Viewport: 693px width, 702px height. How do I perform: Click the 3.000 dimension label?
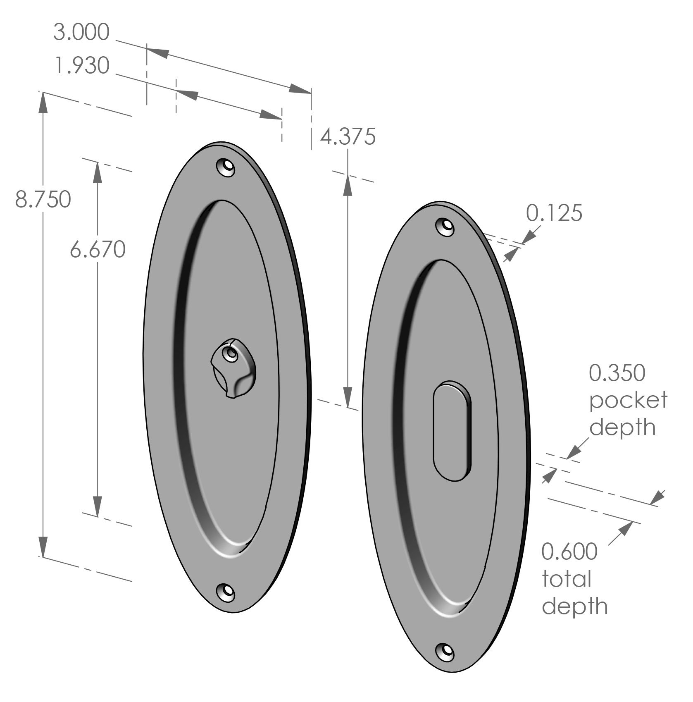(x=81, y=32)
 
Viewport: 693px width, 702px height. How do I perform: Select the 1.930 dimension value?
(x=81, y=66)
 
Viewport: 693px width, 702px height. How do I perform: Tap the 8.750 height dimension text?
(x=43, y=199)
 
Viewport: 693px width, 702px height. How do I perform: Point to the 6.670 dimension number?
(x=98, y=250)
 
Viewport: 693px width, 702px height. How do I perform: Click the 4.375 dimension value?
(x=348, y=137)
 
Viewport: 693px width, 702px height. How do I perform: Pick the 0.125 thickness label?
(x=554, y=213)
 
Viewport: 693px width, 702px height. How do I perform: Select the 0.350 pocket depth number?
(x=617, y=373)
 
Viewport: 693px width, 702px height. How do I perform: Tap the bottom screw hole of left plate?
(x=226, y=592)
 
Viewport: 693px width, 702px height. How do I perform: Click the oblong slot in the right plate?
(x=452, y=432)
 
